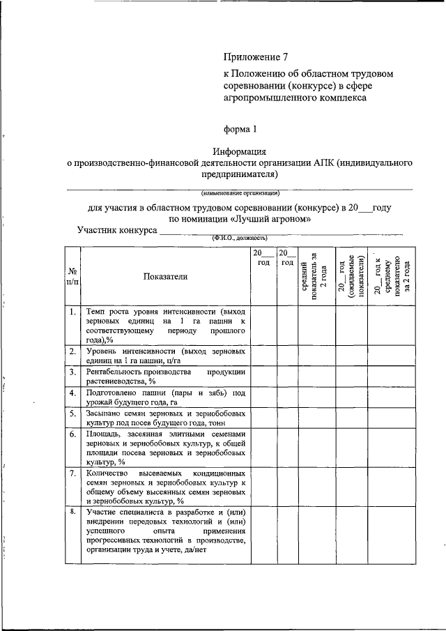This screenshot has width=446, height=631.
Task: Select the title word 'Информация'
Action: click(240, 151)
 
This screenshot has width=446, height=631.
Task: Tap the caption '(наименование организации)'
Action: click(240, 192)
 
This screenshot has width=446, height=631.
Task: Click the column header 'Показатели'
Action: click(165, 277)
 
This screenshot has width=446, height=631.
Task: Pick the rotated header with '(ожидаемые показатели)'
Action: click(352, 276)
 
